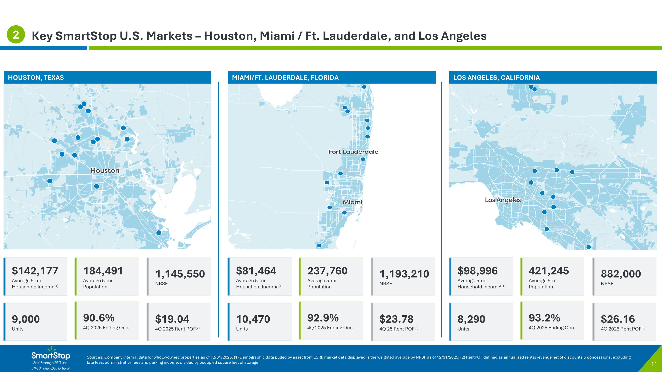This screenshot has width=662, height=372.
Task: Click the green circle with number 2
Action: click(x=16, y=34)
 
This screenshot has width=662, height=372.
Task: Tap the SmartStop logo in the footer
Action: click(x=51, y=358)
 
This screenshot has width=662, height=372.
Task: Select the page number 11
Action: click(x=654, y=364)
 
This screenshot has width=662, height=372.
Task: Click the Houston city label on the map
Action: click(x=105, y=170)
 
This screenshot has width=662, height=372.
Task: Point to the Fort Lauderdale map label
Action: click(x=353, y=152)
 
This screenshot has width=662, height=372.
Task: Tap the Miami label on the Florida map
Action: click(x=352, y=202)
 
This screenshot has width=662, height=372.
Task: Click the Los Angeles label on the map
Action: click(x=502, y=200)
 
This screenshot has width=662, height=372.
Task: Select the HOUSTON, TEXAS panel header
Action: click(x=36, y=78)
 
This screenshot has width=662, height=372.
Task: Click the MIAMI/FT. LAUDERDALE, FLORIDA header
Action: click(x=285, y=78)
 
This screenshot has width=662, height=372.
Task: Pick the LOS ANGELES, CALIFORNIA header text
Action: click(x=496, y=78)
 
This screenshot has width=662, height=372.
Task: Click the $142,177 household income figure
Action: click(x=35, y=271)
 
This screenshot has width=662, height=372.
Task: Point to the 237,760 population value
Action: click(x=327, y=271)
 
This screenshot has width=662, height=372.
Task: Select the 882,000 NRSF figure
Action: click(x=621, y=274)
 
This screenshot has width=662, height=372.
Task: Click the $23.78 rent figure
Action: click(x=396, y=319)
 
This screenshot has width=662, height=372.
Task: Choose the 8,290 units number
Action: click(x=471, y=319)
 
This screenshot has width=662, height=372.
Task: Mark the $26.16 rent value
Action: click(x=618, y=319)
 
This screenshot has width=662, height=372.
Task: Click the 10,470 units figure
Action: click(x=253, y=319)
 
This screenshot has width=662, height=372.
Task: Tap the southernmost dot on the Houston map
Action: click(x=159, y=233)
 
